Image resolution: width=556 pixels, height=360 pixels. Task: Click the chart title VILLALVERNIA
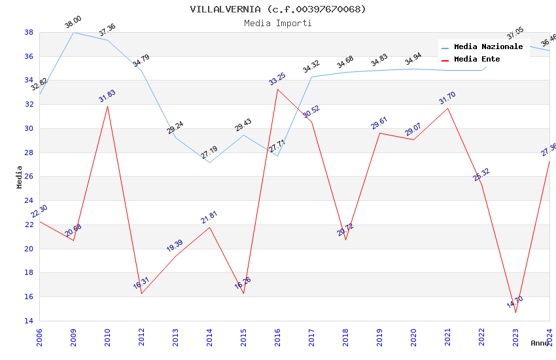278,9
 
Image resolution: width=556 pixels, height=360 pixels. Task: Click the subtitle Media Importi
278,23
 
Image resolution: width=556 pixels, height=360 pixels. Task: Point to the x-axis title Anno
540,343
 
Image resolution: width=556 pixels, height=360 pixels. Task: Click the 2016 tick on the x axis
277,338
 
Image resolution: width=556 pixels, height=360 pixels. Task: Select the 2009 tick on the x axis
73,338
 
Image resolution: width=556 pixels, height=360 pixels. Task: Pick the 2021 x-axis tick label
447,338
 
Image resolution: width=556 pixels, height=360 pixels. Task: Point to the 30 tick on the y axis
29,128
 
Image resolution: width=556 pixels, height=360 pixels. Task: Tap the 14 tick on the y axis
29,321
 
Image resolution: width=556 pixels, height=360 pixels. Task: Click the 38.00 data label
73,25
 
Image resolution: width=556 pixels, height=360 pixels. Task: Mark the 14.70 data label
515,302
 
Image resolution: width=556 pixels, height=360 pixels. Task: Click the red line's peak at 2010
107,106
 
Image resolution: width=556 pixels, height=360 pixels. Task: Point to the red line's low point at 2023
515,312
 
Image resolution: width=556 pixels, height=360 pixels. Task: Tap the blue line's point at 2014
209,162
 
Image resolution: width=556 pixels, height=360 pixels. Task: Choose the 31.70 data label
447,98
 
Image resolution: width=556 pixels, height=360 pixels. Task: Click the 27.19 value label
209,153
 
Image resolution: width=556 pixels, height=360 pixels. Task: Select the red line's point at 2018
345,240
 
